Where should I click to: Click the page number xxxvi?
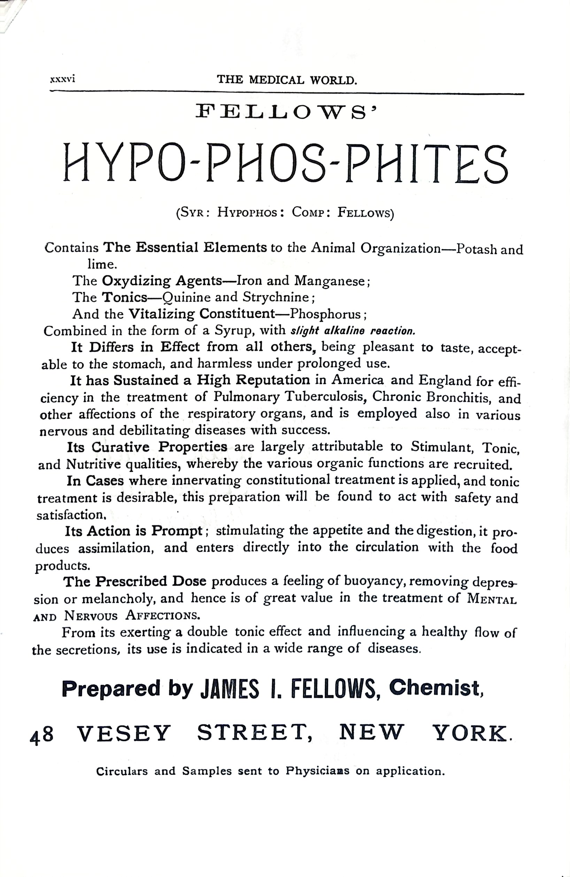62,79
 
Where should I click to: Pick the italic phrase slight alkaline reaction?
353,331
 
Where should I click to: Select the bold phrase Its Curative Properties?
147,447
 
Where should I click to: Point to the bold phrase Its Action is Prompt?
134,531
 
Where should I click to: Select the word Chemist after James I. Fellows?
436,688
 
